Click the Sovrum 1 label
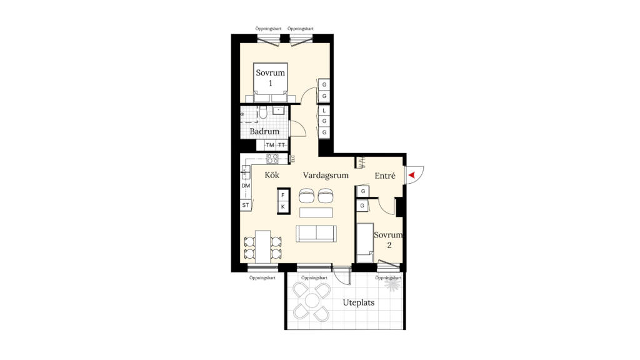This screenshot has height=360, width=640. [270, 78]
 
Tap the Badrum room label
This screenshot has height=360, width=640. [264, 131]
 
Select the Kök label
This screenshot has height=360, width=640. [272, 175]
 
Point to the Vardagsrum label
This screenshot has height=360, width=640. [326, 176]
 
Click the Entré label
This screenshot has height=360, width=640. [385, 176]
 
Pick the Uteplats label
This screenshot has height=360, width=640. [358, 303]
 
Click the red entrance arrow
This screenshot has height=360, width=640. [411, 175]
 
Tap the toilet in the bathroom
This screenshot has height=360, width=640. [263, 112]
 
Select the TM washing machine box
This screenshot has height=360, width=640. [270, 145]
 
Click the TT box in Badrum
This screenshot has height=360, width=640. [282, 145]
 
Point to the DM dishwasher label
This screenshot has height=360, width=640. [246, 186]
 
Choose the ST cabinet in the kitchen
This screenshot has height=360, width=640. [245, 205]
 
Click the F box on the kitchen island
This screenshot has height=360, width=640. [283, 196]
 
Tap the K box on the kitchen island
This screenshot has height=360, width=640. [283, 207]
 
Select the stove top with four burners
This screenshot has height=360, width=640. [272, 158]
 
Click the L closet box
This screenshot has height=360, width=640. [324, 110]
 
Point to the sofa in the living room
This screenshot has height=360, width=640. [316, 233]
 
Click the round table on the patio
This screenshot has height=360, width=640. [312, 301]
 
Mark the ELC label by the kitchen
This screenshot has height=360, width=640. [292, 158]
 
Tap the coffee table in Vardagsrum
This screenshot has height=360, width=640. [316, 212]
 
